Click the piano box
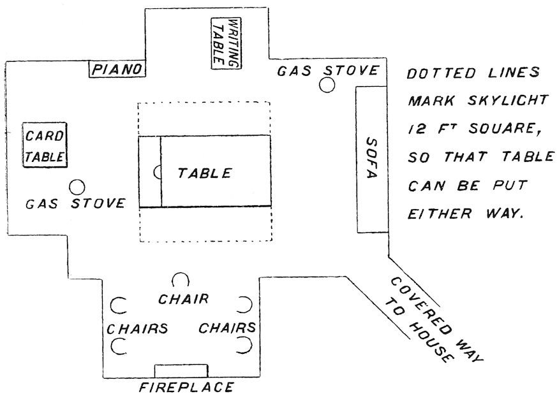[x=115, y=69]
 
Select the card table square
[x=45, y=145]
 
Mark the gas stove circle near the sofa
[x=327, y=85]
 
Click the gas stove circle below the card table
[x=77, y=187]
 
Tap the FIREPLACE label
[x=186, y=386]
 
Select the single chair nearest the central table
[x=181, y=281]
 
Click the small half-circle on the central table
[x=157, y=171]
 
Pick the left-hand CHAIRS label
[x=137, y=329]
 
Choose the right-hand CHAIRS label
[x=228, y=328]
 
